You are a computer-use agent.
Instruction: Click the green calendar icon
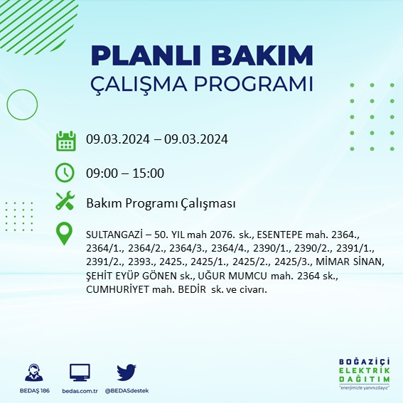66,141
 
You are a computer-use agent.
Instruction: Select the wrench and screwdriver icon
66,202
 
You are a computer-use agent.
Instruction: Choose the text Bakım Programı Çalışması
160,203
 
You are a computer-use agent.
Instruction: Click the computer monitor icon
80,373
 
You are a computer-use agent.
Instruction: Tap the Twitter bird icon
127,373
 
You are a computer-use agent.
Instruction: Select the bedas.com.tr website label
80,391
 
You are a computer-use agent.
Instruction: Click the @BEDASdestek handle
127,391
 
